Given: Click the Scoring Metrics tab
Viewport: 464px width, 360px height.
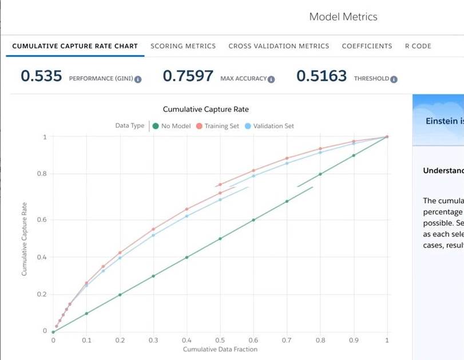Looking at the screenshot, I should click(x=183, y=46).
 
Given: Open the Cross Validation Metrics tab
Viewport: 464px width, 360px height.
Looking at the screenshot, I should click(x=279, y=46).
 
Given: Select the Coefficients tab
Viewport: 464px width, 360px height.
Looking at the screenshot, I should click(x=367, y=46).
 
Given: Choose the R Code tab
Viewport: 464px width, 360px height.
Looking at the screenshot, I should click(x=418, y=46).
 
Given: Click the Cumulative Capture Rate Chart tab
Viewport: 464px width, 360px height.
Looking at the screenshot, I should click(x=75, y=46).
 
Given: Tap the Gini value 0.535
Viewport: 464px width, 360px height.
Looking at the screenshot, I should click(x=41, y=76).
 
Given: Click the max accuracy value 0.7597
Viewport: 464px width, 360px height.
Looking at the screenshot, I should click(x=188, y=76).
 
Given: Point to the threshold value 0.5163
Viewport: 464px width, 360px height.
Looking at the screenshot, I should click(x=322, y=76).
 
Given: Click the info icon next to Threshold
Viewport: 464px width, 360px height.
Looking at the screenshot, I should click(x=394, y=79).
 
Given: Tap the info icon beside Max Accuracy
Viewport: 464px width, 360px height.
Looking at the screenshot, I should click(x=271, y=79).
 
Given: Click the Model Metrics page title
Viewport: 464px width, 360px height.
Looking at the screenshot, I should click(x=343, y=17).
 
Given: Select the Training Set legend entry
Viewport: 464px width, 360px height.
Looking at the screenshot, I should click(x=217, y=126).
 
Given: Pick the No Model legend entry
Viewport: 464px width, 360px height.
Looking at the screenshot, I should click(x=171, y=126).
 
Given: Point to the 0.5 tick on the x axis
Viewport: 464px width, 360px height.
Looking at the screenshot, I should click(x=220, y=340).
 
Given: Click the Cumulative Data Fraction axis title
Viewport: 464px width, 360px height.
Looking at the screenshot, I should click(x=220, y=349).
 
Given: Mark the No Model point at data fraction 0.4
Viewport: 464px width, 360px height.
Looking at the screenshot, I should click(x=187, y=258).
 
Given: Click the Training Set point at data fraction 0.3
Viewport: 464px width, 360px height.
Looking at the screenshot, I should click(x=153, y=229).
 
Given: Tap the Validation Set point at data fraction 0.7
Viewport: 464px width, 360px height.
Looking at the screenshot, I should click(x=287, y=163).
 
